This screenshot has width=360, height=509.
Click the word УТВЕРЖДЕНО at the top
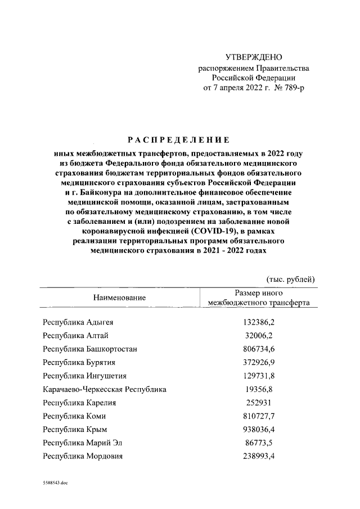point(253,57)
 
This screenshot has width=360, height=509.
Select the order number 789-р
point(290,88)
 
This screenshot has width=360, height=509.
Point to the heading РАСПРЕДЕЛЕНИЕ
point(177,139)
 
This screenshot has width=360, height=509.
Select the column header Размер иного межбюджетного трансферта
point(258,298)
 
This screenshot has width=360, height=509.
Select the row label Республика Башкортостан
point(90,349)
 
